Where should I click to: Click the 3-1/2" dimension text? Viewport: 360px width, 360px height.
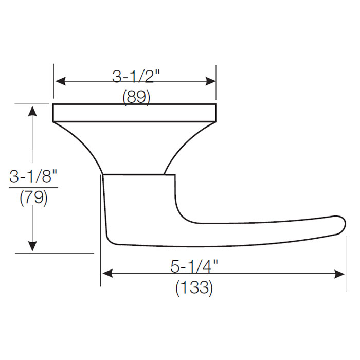tap(136, 77)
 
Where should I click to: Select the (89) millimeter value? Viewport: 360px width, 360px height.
tap(136, 97)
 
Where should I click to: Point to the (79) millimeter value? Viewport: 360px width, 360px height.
tap(33, 198)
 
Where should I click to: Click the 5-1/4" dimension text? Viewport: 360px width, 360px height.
tap(194, 266)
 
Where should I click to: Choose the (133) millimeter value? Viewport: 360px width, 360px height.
tap(194, 287)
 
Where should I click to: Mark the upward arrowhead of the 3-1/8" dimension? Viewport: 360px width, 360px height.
tap(33, 111)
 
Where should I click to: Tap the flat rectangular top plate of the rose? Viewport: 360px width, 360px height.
tap(134, 113)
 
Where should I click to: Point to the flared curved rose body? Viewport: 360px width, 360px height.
tap(134, 147)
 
